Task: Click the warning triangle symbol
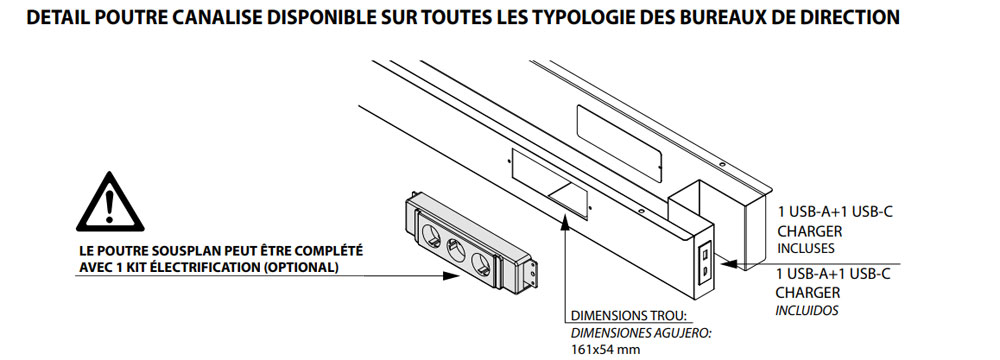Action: coord(110,202)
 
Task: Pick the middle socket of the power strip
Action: coord(455,246)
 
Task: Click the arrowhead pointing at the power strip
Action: coord(451,276)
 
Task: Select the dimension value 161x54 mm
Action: coord(606,350)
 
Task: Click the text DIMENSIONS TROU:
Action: coord(628,316)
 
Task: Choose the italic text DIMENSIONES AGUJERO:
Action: coord(640,333)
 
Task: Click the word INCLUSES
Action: coord(805,248)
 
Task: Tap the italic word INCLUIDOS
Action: coord(807,311)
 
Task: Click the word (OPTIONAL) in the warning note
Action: coord(300,267)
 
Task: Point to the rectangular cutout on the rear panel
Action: coord(620,143)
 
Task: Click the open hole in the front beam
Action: coord(549,184)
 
